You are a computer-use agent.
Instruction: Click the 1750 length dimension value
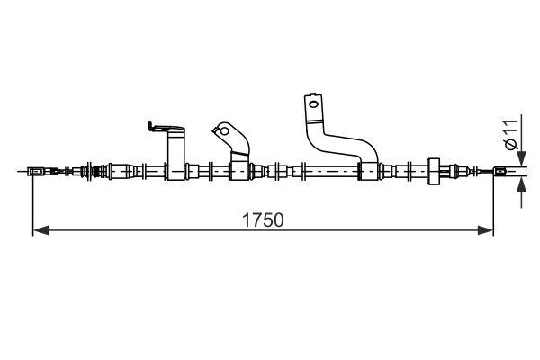[263, 220]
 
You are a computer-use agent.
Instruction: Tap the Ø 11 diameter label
[511, 135]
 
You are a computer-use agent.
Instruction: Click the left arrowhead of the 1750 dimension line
[40, 230]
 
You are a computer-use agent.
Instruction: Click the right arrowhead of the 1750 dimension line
[485, 230]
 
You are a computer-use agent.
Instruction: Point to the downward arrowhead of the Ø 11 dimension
[522, 158]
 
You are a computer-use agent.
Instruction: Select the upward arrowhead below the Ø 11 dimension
[522, 185]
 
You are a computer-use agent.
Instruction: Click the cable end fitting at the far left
[35, 171]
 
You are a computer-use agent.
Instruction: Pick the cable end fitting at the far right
[500, 171]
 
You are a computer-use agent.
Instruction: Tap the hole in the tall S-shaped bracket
[313, 103]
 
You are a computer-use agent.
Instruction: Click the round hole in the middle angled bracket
[224, 130]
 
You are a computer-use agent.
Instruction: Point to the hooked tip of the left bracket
[150, 126]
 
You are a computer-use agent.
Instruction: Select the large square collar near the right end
[434, 171]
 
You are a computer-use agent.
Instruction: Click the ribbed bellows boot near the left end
[98, 171]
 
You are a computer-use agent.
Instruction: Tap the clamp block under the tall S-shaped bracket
[368, 171]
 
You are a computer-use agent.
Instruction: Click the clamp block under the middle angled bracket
[239, 171]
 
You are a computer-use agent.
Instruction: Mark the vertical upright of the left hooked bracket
[176, 155]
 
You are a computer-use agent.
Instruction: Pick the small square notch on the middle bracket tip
[216, 130]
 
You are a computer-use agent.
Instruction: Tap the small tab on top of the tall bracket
[312, 94]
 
